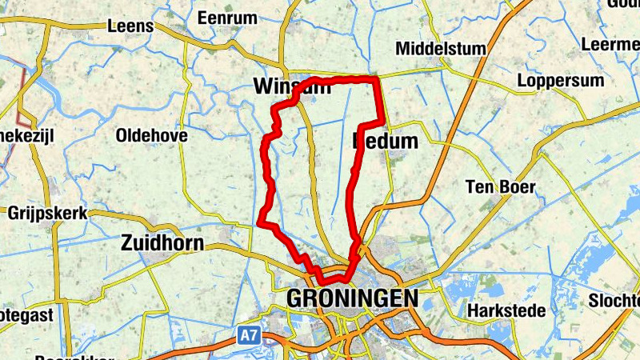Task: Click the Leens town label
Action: pyautogui.click(x=130, y=26)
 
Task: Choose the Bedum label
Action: pyautogui.click(x=386, y=142)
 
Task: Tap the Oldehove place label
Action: pyautogui.click(x=151, y=135)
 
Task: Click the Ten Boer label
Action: pyautogui.click(x=500, y=187)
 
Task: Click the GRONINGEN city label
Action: pyautogui.click(x=352, y=298)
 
